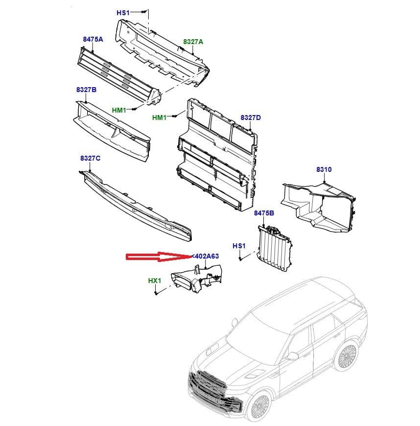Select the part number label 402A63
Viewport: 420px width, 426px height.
pyautogui.click(x=206, y=256)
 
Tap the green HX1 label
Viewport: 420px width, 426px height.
pyautogui.click(x=155, y=281)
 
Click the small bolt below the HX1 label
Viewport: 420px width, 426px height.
pyautogui.click(x=155, y=293)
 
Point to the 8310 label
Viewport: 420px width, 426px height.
pyautogui.click(x=324, y=169)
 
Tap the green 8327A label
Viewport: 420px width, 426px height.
pyautogui.click(x=193, y=42)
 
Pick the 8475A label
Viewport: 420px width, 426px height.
pyautogui.click(x=93, y=39)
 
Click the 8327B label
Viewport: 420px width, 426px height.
pyautogui.click(x=86, y=90)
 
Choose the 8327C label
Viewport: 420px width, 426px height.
pyautogui.click(x=90, y=158)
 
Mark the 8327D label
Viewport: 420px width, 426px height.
pyautogui.click(x=250, y=118)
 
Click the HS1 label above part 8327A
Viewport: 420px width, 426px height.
pyautogui.click(x=122, y=12)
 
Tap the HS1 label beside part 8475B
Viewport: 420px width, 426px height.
pyautogui.click(x=238, y=245)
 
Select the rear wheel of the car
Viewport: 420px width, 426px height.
pyautogui.click(x=348, y=356)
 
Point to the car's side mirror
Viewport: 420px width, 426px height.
pyautogui.click(x=293, y=356)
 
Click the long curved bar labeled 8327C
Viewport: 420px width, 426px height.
pyautogui.click(x=137, y=206)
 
